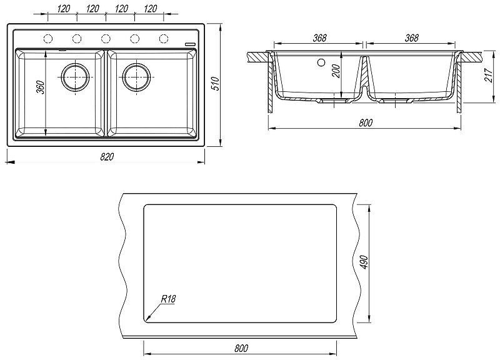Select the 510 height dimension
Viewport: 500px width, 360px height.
click(214, 83)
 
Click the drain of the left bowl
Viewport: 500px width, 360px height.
click(74, 77)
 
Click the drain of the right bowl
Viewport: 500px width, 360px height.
click(136, 77)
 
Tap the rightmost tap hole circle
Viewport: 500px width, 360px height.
click(164, 39)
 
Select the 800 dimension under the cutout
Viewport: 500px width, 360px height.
click(242, 348)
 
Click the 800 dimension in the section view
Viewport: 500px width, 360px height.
click(366, 123)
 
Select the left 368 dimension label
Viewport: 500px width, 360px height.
click(319, 38)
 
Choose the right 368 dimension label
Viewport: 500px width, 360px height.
click(411, 38)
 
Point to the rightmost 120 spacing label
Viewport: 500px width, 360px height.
click(150, 9)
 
